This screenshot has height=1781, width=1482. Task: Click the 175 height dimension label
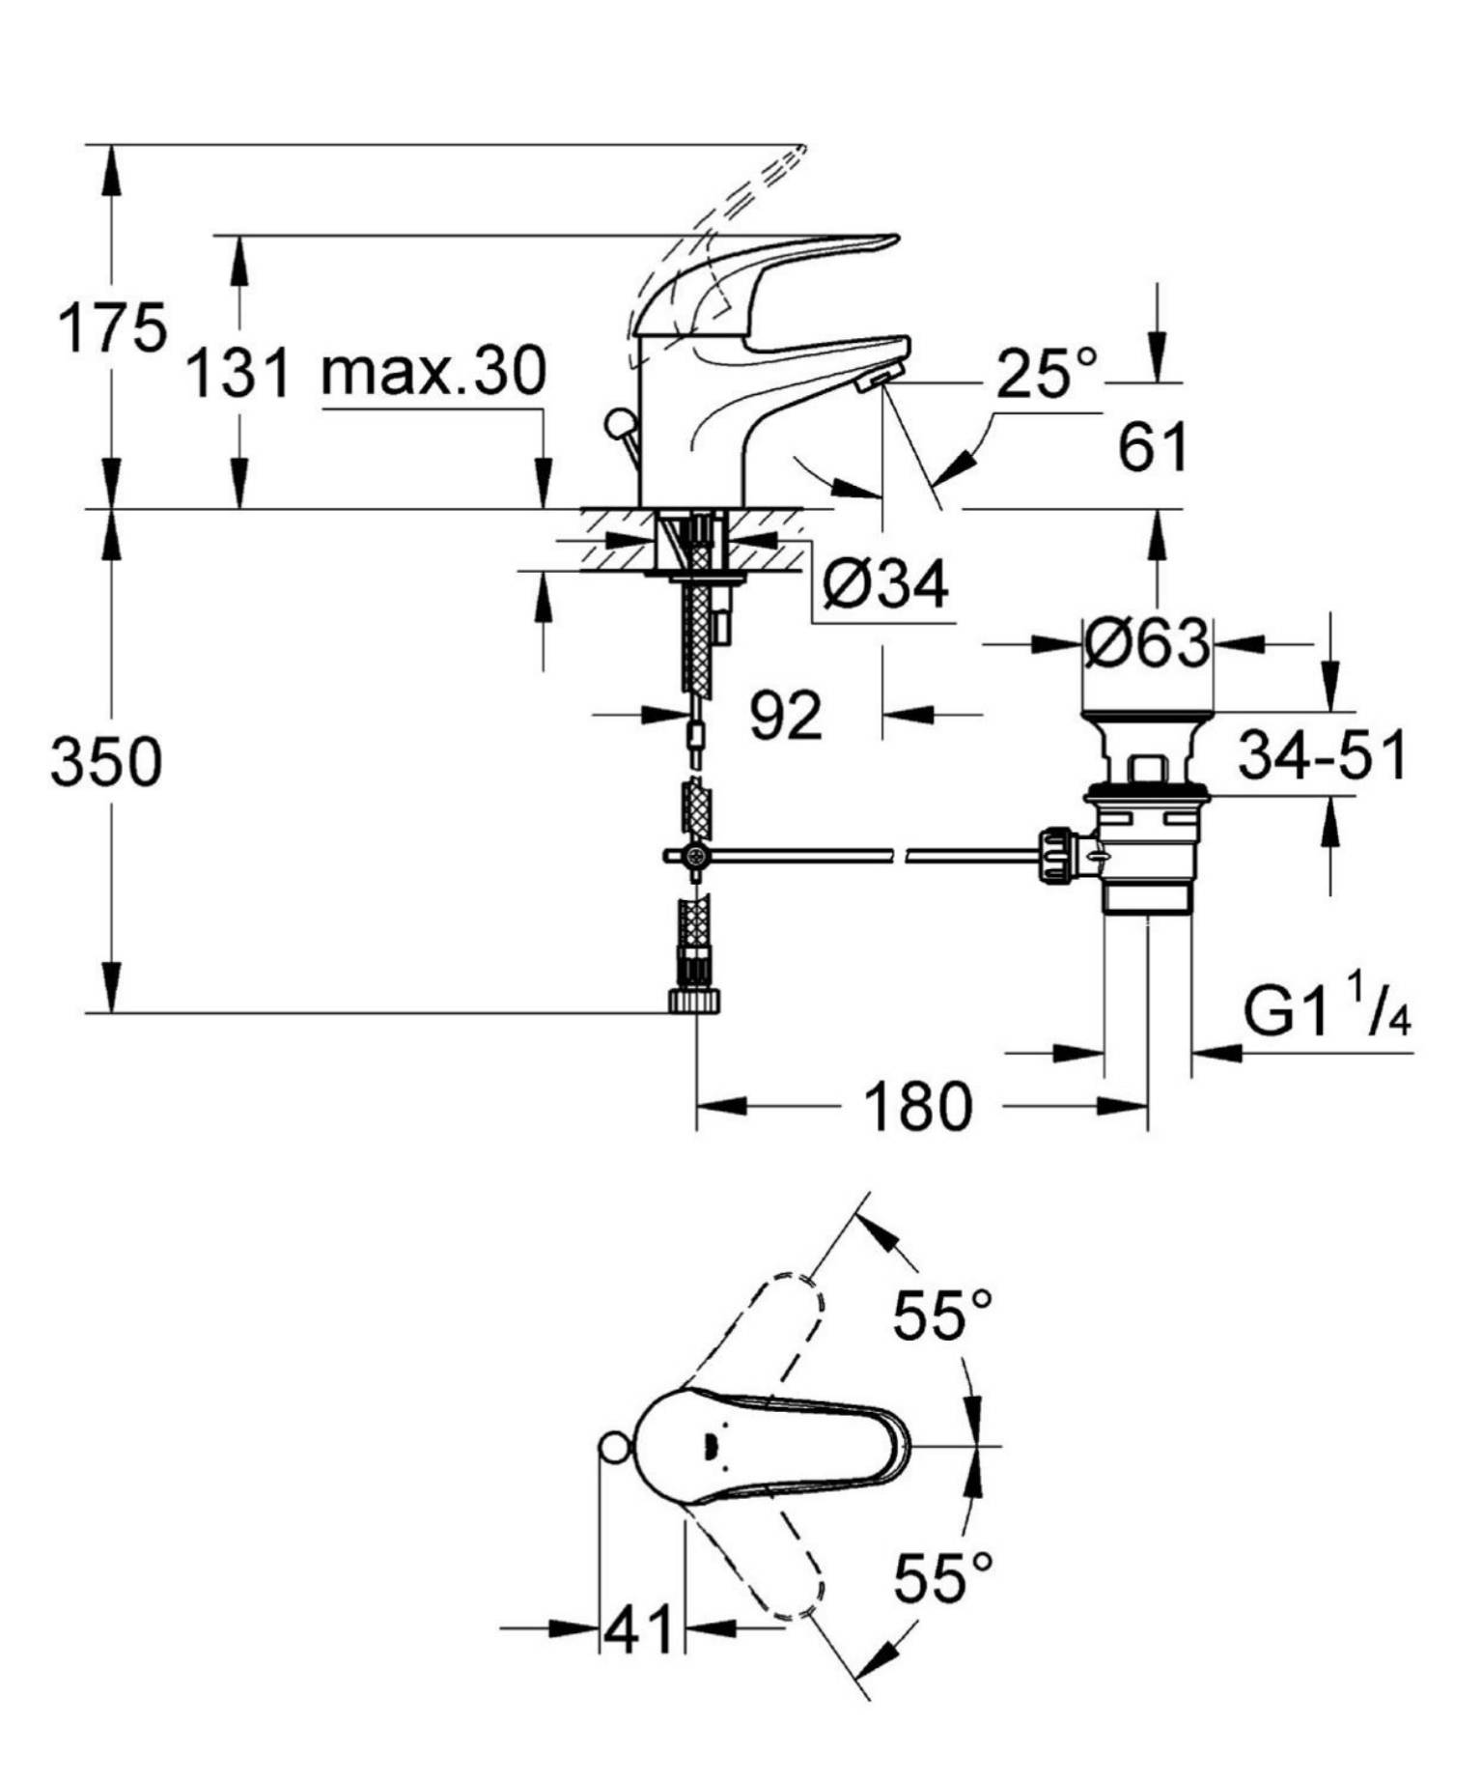(112, 328)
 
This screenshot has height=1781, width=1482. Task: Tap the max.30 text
(433, 371)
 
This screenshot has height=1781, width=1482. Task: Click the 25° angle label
(1047, 373)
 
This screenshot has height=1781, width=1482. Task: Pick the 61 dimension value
(1152, 447)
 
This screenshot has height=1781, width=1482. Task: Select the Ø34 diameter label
(886, 583)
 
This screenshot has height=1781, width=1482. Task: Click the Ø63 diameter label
(1146, 643)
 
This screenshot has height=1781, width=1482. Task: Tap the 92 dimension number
(786, 716)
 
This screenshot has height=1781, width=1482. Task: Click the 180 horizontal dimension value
(917, 1107)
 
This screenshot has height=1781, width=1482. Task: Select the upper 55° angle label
(941, 1315)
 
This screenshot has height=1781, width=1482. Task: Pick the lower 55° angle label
(941, 1577)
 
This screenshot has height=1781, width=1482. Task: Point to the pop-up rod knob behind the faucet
(618, 423)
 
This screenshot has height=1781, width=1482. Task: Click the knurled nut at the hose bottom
(694, 1001)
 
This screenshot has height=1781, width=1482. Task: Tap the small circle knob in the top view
(614, 1448)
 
